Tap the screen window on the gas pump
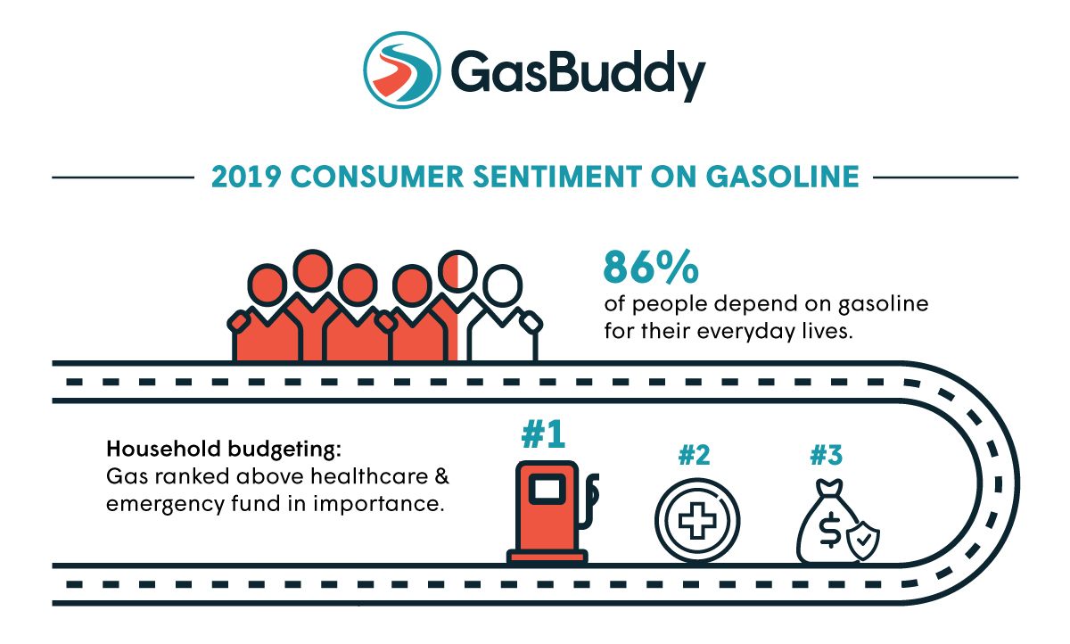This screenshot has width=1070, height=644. click(x=546, y=488)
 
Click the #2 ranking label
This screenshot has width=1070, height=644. click(x=694, y=455)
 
